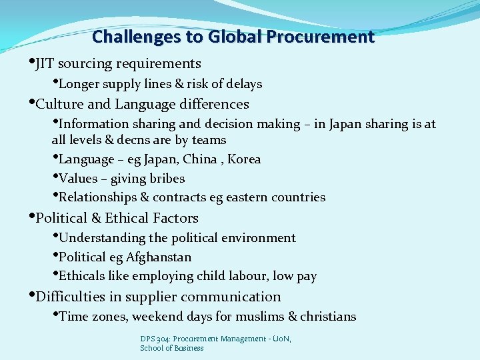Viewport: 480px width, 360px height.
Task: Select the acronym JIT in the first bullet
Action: pyautogui.click(x=45, y=64)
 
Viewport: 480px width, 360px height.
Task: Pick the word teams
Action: pyautogui.click(x=209, y=140)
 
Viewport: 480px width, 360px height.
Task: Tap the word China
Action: pyautogui.click(x=199, y=159)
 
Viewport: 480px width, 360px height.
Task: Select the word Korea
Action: pyautogui.click(x=243, y=159)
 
